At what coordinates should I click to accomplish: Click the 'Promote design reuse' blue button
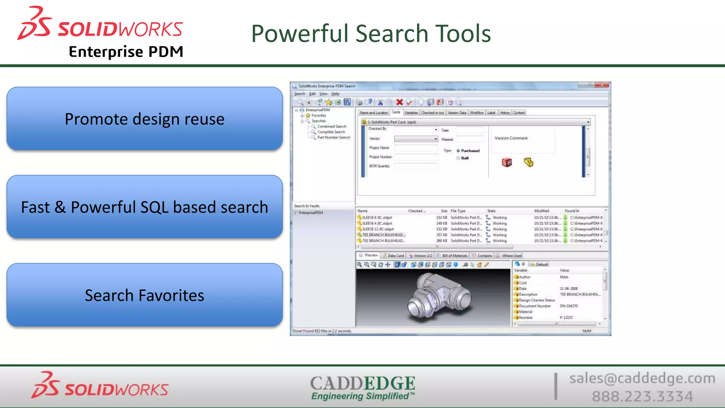coord(144,119)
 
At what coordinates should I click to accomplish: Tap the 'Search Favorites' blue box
coord(144,295)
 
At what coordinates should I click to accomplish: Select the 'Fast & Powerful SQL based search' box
coord(144,207)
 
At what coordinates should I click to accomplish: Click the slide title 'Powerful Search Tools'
coord(371,34)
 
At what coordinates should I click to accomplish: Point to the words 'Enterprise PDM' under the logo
coord(126,52)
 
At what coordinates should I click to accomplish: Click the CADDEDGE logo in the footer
coord(362,387)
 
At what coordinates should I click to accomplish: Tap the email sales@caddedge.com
coord(642,378)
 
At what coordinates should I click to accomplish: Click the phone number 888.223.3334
coord(642,396)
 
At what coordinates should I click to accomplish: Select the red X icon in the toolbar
coord(400,102)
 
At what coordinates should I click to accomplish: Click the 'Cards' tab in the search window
coord(396,112)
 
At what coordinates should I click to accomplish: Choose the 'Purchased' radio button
coord(458,151)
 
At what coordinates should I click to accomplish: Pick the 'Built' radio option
coord(458,158)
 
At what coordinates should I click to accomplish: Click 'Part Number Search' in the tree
coord(333,137)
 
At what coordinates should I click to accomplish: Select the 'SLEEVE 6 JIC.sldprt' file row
coord(377,217)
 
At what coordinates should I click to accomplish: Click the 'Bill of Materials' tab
coord(455,256)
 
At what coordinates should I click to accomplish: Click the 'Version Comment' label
coord(511,138)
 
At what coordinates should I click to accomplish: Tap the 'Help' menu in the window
coord(335,94)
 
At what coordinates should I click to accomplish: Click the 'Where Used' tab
coord(512,256)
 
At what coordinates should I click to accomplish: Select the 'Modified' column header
coord(541,211)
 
